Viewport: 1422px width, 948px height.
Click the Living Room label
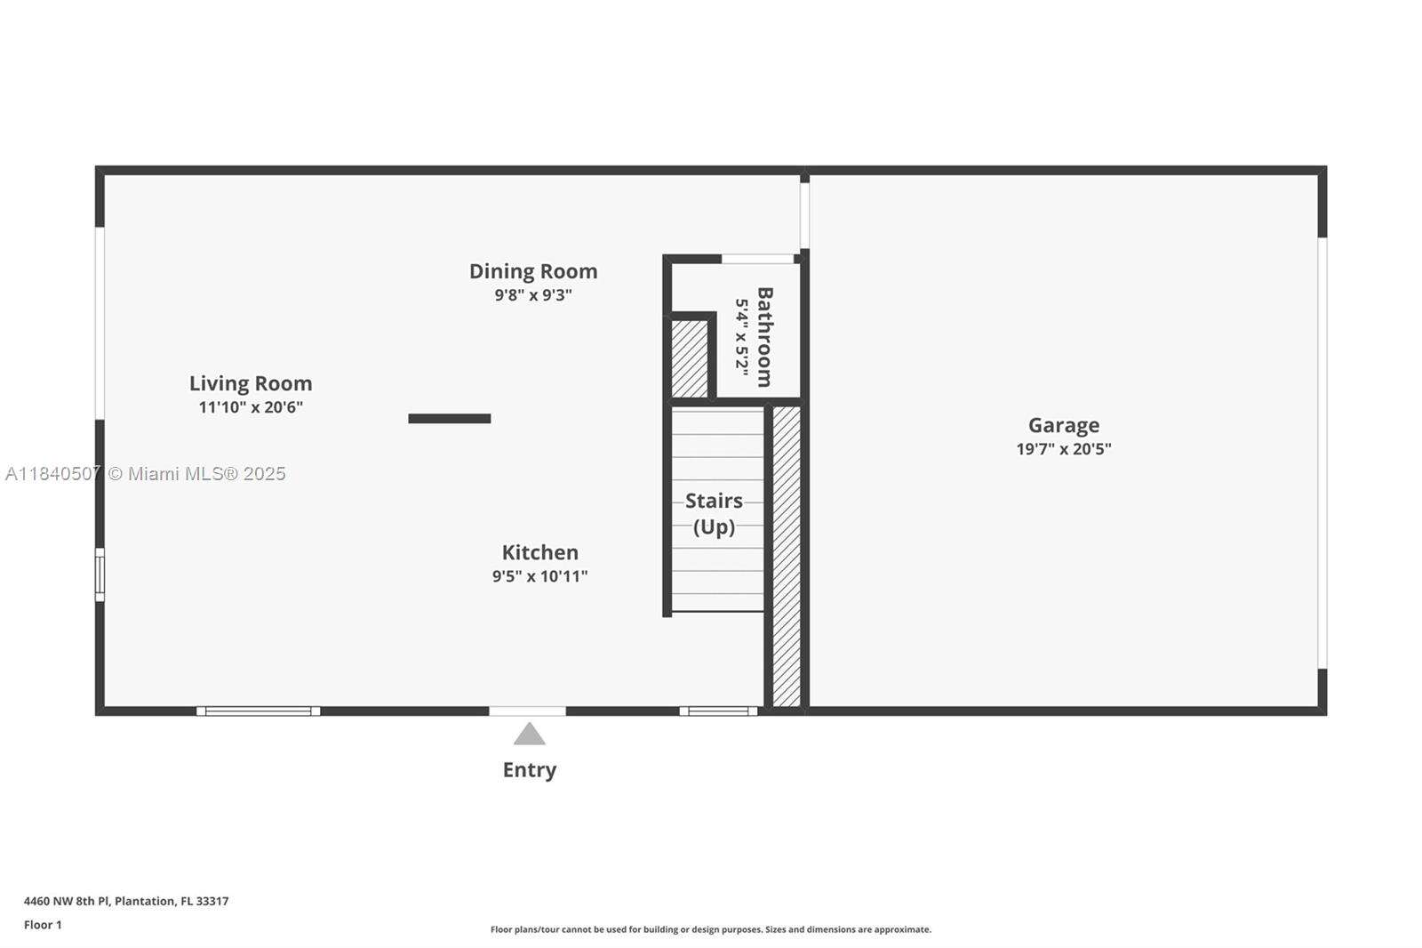tap(251, 383)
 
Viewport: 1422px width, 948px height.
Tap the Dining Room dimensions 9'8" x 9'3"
tap(533, 295)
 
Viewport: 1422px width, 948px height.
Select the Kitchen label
tap(539, 552)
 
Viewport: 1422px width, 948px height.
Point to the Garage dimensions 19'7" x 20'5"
tap(1064, 449)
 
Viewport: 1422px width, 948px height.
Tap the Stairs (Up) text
tap(714, 513)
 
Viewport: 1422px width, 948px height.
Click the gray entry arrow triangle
tap(529, 735)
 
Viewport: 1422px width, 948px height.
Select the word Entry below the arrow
tap(529, 770)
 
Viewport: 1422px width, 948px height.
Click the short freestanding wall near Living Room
tap(449, 419)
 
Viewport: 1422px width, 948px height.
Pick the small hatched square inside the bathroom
tap(689, 358)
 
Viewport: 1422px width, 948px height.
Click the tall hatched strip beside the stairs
tap(787, 556)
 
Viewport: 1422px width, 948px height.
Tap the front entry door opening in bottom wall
tap(527, 711)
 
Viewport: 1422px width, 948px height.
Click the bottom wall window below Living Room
tap(258, 711)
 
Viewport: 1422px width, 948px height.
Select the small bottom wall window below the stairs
tap(718, 711)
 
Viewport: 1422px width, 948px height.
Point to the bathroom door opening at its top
tap(757, 259)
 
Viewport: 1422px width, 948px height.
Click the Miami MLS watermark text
tap(146, 474)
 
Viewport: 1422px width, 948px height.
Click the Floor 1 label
tap(43, 925)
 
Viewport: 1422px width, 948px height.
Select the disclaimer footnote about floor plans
tap(711, 929)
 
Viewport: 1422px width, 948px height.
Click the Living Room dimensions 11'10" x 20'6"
tap(251, 407)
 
